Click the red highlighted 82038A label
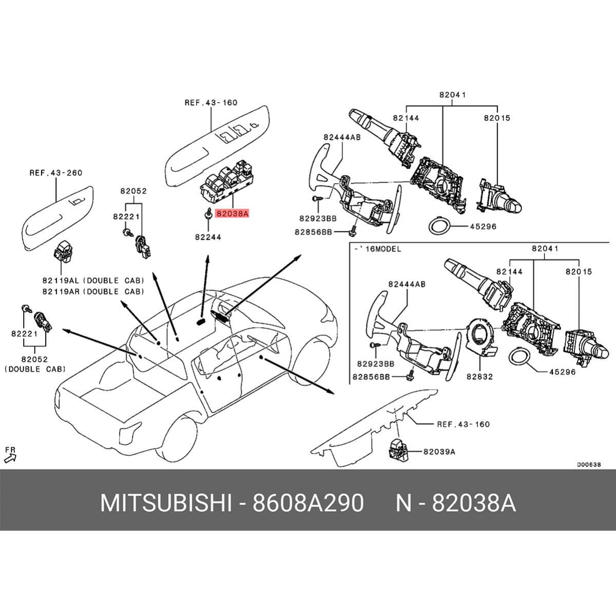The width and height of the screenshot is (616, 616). (x=232, y=213)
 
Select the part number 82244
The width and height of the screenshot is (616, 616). (x=208, y=237)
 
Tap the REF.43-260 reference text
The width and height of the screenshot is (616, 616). (x=55, y=173)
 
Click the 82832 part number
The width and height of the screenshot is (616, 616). (x=479, y=376)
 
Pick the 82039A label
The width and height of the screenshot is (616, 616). (x=439, y=452)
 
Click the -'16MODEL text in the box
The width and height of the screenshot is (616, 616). (x=377, y=249)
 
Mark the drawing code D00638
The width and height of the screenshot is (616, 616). (x=588, y=465)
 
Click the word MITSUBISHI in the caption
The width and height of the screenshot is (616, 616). (x=165, y=503)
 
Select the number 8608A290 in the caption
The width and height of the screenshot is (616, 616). (x=308, y=503)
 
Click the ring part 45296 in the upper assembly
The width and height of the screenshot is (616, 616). (x=440, y=226)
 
